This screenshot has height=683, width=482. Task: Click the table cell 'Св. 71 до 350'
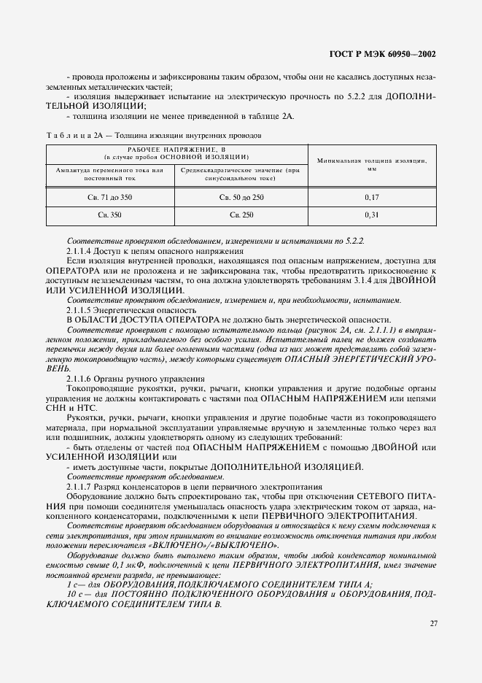[111, 197]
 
